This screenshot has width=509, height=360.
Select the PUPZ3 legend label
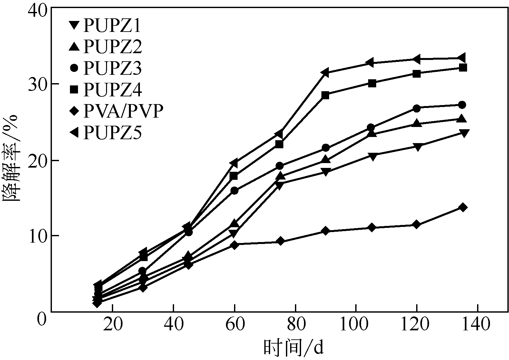pos(112,68)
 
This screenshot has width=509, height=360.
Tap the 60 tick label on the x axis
pos(235,325)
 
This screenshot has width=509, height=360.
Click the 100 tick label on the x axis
pos(356,325)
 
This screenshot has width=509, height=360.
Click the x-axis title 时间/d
pos(293,348)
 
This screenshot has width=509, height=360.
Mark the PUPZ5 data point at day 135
pos(462,58)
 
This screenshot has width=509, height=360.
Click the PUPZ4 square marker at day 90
pos(325,95)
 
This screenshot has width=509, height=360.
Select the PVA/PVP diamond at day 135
pos(463,207)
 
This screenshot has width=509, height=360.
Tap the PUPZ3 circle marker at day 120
pos(416,108)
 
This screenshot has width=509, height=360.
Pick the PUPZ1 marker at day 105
pos(373,157)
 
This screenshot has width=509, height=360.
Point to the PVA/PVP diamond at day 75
pos(280,241)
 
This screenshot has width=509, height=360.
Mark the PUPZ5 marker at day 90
pos(325,73)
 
